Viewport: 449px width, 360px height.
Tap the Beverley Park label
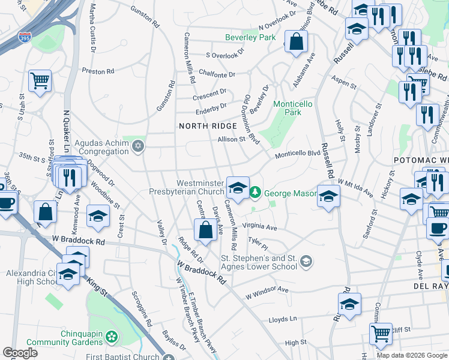(250, 37)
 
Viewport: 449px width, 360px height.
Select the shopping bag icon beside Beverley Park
(296, 41)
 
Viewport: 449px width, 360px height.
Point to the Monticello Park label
(292, 108)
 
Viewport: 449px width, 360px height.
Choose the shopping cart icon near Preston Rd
(40, 81)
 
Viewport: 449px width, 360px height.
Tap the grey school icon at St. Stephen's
(306, 260)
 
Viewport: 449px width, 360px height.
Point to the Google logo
(20, 353)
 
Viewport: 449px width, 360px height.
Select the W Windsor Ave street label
(267, 293)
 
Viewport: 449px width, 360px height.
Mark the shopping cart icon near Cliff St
(381, 334)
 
